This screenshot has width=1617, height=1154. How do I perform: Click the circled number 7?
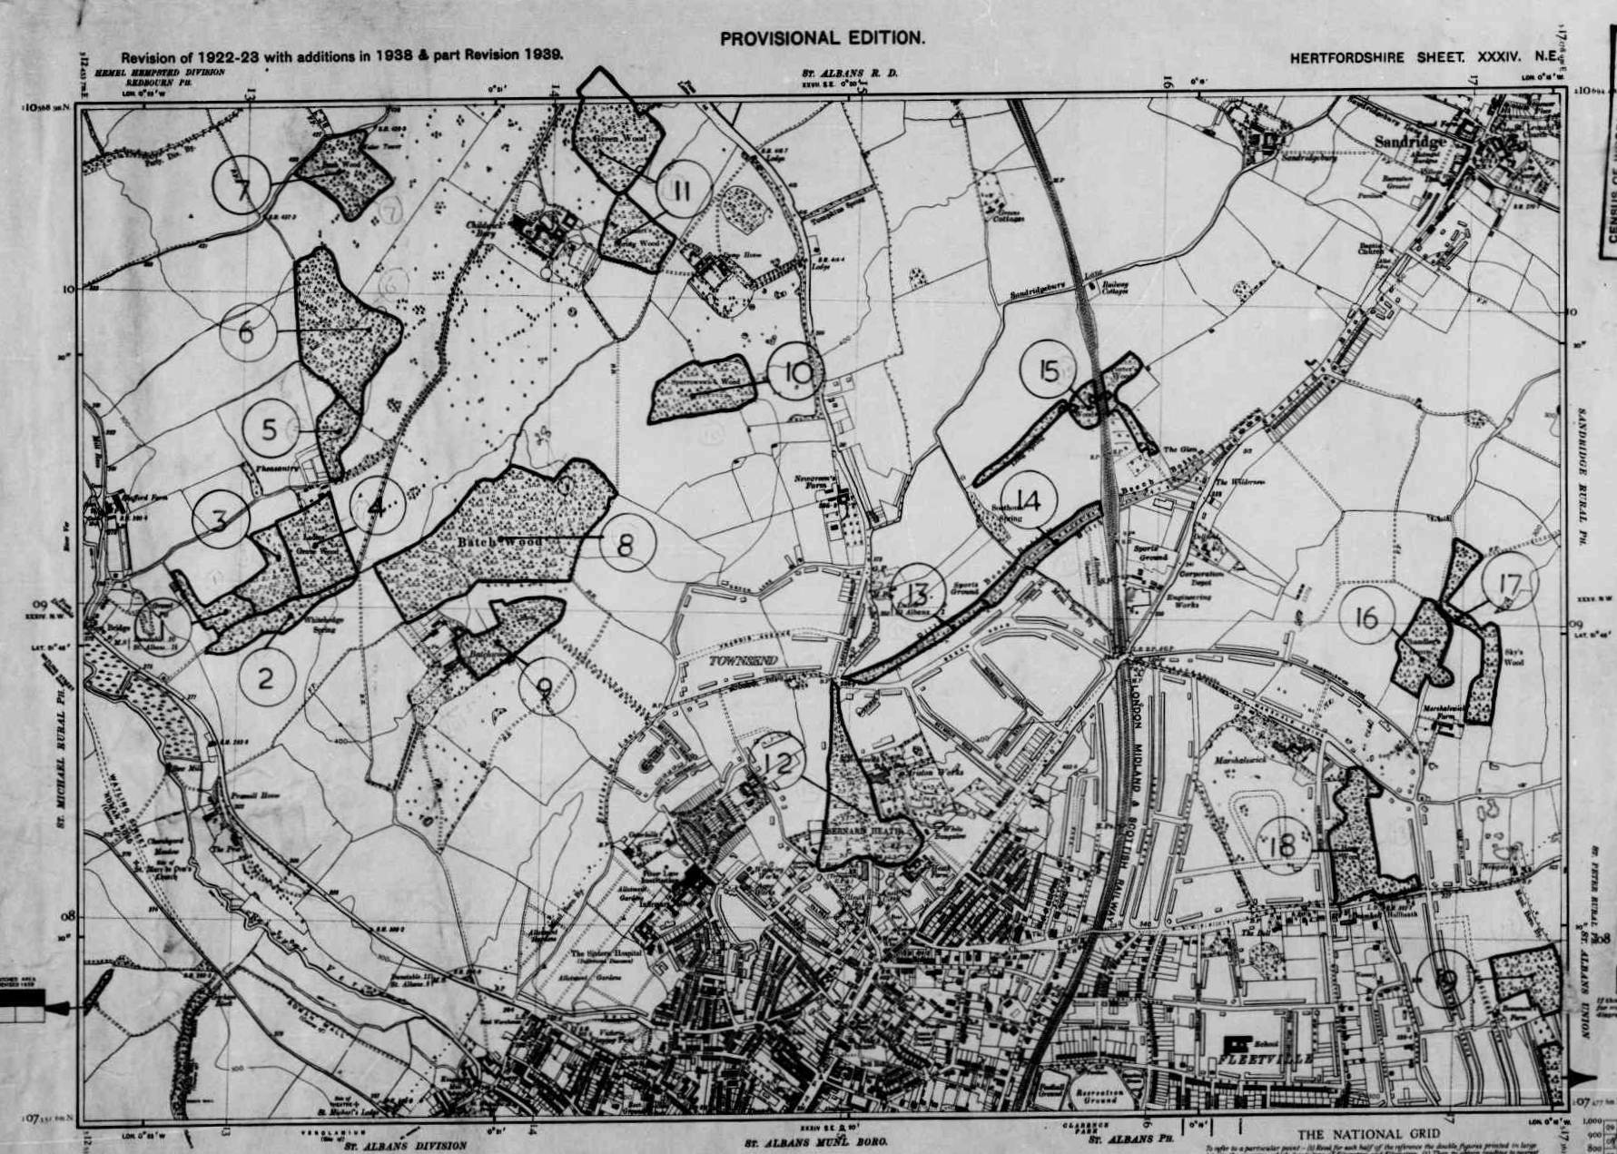pos(242,186)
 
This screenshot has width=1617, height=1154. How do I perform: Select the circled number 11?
pos(683,189)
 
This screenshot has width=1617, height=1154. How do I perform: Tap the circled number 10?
pos(796,372)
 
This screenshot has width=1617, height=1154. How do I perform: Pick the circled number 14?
pos(1029,499)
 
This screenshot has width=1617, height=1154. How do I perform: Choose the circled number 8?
pos(626,543)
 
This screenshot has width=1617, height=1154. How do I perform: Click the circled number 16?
pos(1366,616)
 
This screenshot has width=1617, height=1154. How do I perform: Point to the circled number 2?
pos(266,677)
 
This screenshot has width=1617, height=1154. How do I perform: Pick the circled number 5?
pos(270,429)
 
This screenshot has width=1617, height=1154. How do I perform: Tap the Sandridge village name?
pos(1409,142)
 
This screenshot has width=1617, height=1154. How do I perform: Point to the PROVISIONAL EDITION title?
pos(822,38)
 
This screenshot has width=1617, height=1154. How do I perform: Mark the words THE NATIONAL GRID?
pos(1367,1134)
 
